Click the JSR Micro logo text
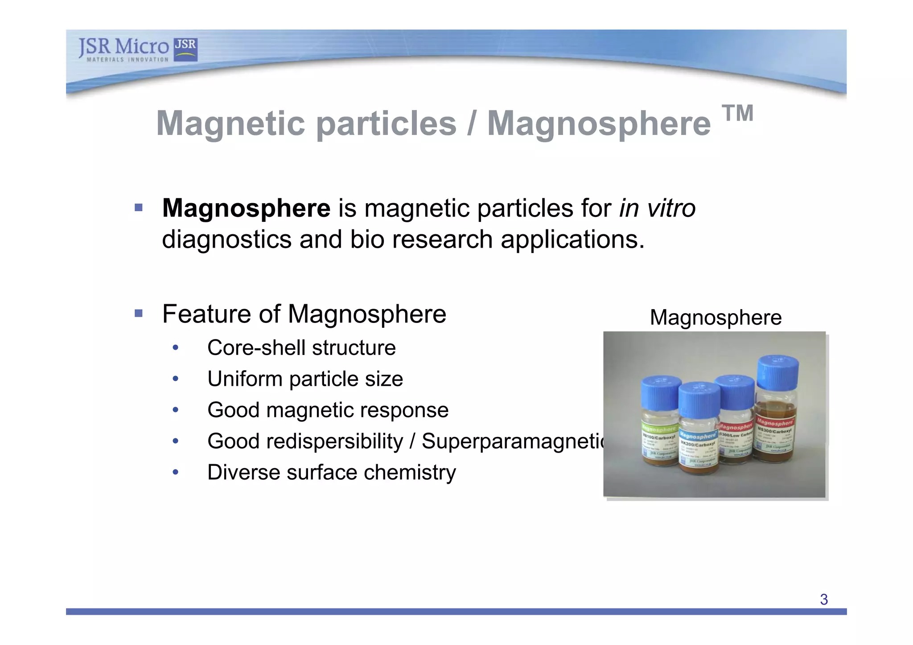[123, 48]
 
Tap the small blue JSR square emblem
[185, 49]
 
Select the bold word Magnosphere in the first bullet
[246, 208]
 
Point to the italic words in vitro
[657, 208]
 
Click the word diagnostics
[226, 239]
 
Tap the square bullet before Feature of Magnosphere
[139, 314]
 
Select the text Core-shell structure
[301, 348]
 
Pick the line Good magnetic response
[328, 410]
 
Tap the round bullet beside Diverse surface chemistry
[176, 472]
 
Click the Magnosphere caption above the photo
[716, 318]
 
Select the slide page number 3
[823, 600]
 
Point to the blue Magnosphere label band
[698, 436]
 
